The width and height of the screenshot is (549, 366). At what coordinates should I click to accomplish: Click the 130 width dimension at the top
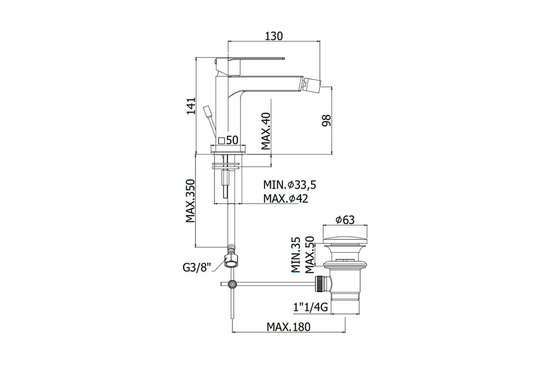coord(274,36)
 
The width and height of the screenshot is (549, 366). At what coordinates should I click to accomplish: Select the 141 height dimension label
coord(191,106)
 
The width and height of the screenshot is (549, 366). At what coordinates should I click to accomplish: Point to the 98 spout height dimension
coord(326,120)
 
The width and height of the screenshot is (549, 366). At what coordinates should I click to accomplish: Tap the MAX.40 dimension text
coord(266,131)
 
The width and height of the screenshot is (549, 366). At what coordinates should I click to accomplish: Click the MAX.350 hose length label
coord(190,201)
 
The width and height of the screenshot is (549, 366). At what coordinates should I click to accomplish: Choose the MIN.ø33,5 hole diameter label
coord(290,185)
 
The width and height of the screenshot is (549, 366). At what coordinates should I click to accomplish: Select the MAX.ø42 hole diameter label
coord(285,198)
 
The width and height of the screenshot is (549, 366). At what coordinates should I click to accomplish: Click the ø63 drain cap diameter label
coord(345,220)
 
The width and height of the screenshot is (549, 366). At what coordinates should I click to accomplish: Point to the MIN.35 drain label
coord(296,254)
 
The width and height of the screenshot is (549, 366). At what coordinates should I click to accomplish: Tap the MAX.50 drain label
coord(310,254)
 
